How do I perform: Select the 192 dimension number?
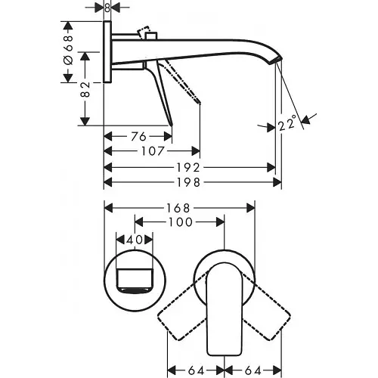click(x=189, y=166)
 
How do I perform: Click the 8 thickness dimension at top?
click(x=108, y=8)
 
